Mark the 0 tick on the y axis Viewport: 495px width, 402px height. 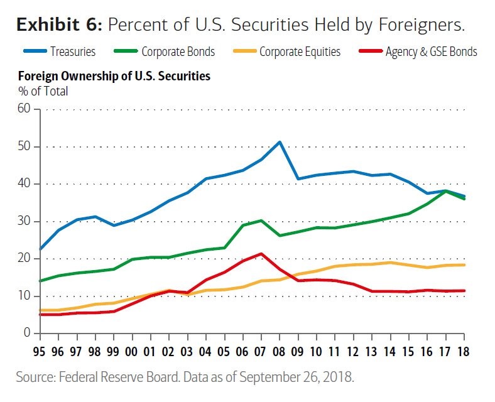[x=27, y=333]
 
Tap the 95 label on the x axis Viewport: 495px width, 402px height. [x=41, y=352]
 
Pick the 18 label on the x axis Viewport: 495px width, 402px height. [x=464, y=352]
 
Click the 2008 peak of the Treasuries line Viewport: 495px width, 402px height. [x=280, y=142]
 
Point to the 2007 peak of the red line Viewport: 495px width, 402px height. [x=261, y=254]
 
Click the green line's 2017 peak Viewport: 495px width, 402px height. [x=445, y=191]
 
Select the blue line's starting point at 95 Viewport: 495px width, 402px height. [x=41, y=249]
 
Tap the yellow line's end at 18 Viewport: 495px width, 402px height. [x=464, y=264]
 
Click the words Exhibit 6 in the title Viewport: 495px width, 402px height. [x=58, y=24]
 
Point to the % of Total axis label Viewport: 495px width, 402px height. [x=43, y=91]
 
